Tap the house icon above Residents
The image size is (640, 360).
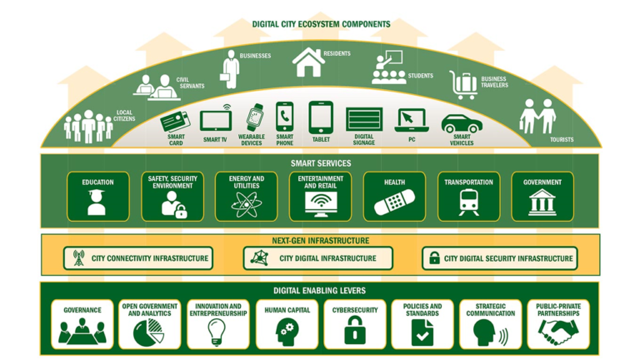point(307,62)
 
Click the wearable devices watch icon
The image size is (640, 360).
point(253,117)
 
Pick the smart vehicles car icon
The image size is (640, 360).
point(461,123)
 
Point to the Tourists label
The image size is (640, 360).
point(562,139)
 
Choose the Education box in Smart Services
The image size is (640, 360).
point(97,197)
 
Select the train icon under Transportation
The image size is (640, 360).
point(467,202)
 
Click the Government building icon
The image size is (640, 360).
point(542,202)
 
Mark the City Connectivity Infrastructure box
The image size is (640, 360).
point(138,258)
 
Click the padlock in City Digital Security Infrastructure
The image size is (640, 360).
point(433,258)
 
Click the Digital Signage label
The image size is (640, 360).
point(363,140)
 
